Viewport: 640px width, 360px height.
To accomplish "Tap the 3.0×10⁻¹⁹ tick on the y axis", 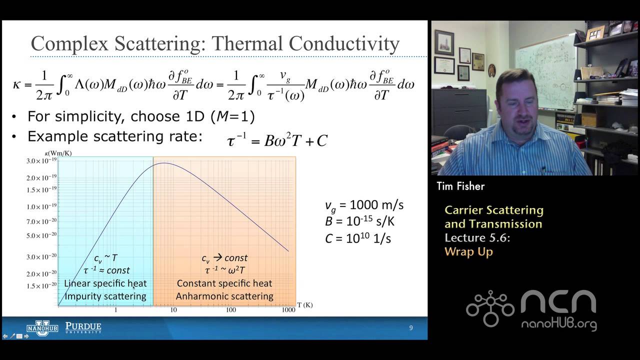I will pos(41,161).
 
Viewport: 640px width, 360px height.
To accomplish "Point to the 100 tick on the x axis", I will pos(231,310).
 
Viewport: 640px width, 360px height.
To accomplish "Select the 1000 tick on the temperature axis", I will pos(288,310).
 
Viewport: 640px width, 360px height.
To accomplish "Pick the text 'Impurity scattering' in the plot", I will pos(105,296).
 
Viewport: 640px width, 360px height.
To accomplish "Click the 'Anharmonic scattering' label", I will pos(224,296).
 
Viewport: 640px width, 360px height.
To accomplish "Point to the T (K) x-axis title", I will pos(304,304).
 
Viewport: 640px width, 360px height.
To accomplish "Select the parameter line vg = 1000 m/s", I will pos(364,205).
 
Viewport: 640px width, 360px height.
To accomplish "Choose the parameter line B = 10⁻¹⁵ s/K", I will pos(359,221).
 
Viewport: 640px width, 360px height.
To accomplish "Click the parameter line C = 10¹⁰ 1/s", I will pos(357,238).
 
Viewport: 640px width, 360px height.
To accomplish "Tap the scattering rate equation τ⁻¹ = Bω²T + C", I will pos(277,140).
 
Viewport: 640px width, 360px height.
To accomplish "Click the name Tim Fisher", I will pos(460,186).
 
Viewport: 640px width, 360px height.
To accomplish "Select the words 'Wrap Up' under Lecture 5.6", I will pos(468,251).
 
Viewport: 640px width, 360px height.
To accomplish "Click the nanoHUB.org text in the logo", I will pos(558,324).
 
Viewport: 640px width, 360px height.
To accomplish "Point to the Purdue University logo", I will pos(83,328).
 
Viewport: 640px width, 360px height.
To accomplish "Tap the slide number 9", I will pos(411,328).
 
